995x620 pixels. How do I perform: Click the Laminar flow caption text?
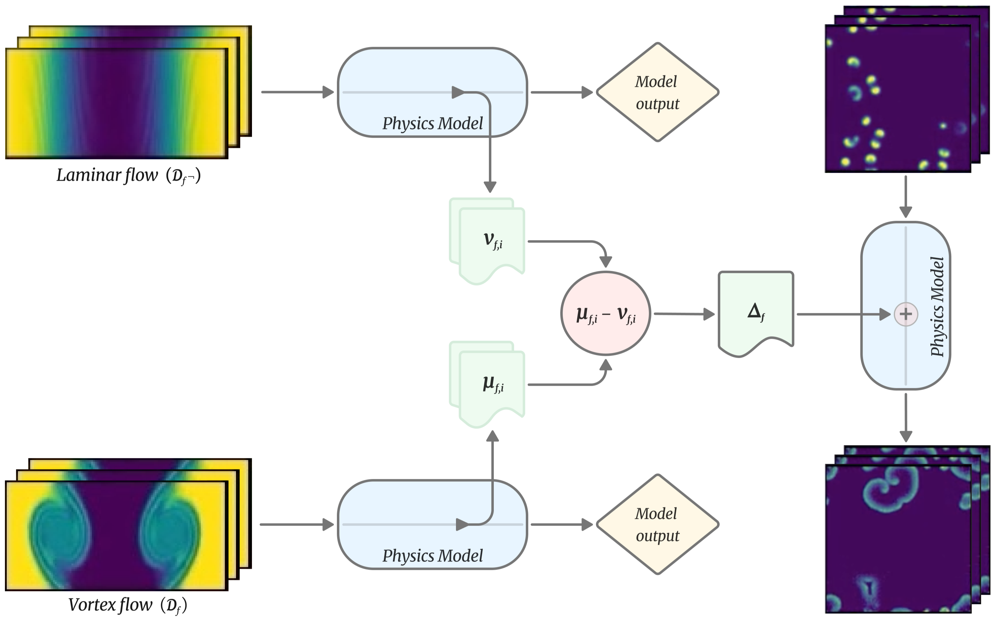128,176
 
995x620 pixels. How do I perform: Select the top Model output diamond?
657,92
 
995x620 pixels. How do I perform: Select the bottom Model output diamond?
657,524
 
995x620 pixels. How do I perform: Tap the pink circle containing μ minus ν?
605,314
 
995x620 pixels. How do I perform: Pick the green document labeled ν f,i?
492,242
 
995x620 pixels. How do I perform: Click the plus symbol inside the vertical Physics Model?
905,314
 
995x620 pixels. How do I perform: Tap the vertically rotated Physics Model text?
937,307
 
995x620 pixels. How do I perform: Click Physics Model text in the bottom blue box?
433,556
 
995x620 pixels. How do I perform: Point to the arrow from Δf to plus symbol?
841,314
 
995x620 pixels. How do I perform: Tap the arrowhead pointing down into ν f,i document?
490,187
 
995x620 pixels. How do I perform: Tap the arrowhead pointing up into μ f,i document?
492,436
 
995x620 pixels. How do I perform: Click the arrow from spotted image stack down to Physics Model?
905,197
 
